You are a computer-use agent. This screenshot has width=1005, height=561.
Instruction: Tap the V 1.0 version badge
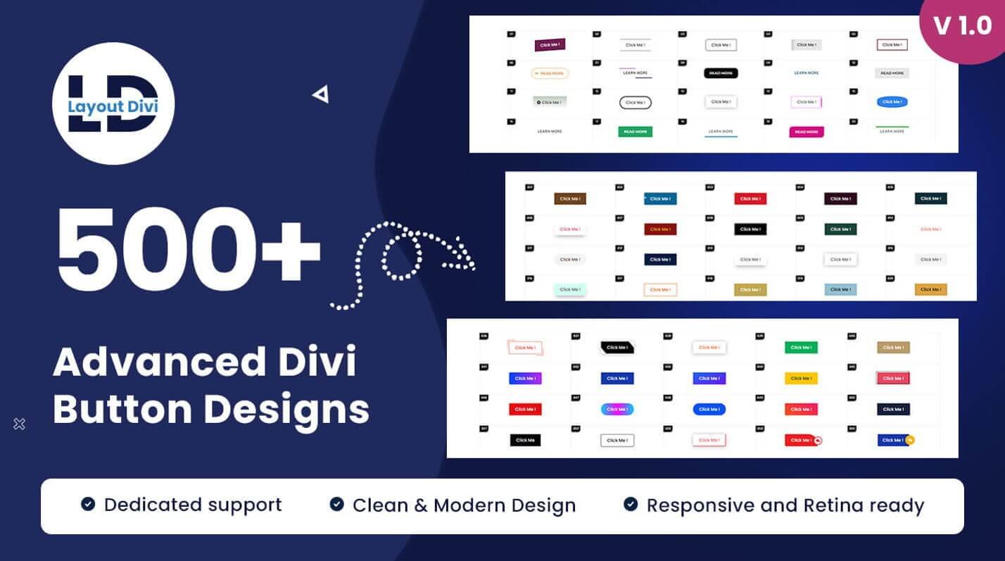point(963,27)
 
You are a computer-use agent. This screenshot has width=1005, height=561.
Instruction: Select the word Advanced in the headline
point(148,363)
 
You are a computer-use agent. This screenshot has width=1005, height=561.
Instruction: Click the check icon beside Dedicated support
point(88,504)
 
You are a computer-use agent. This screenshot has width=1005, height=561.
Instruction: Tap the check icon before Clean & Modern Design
point(337,504)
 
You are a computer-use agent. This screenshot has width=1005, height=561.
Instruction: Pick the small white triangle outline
point(322,94)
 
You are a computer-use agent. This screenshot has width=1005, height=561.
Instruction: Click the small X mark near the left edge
point(20,424)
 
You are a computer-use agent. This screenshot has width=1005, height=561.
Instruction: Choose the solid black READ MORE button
point(721,73)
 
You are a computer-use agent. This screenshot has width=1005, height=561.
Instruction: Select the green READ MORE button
point(635,132)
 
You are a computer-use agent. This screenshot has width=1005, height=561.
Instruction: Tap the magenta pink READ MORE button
point(806,132)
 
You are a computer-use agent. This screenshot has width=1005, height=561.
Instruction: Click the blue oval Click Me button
point(892,102)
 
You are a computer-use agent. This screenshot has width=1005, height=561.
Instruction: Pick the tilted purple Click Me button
point(550,45)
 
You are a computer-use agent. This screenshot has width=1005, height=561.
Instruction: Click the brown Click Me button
point(570,199)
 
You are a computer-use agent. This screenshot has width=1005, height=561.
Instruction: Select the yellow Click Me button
point(801,379)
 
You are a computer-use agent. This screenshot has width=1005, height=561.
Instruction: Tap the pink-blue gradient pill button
point(617,409)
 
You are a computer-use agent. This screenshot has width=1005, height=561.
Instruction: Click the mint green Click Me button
point(570,289)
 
